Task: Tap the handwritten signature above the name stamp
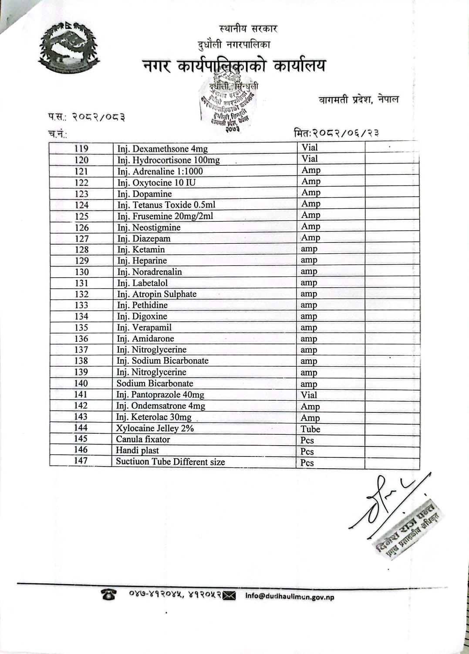click(385, 501)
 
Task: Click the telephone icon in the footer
click(109, 594)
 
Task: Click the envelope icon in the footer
click(229, 595)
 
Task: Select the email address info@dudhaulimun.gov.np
click(290, 596)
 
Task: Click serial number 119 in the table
click(81, 149)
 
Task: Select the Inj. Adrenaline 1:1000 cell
click(160, 171)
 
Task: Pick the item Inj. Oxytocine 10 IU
click(156, 183)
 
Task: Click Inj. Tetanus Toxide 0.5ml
click(166, 205)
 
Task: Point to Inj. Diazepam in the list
click(144, 238)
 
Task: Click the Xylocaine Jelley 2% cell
click(155, 428)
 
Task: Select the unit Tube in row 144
click(310, 429)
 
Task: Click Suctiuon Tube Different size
click(170, 462)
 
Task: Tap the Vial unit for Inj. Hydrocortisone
click(310, 159)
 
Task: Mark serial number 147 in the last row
click(81, 460)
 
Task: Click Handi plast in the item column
click(137, 450)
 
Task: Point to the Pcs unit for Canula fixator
click(307, 440)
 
